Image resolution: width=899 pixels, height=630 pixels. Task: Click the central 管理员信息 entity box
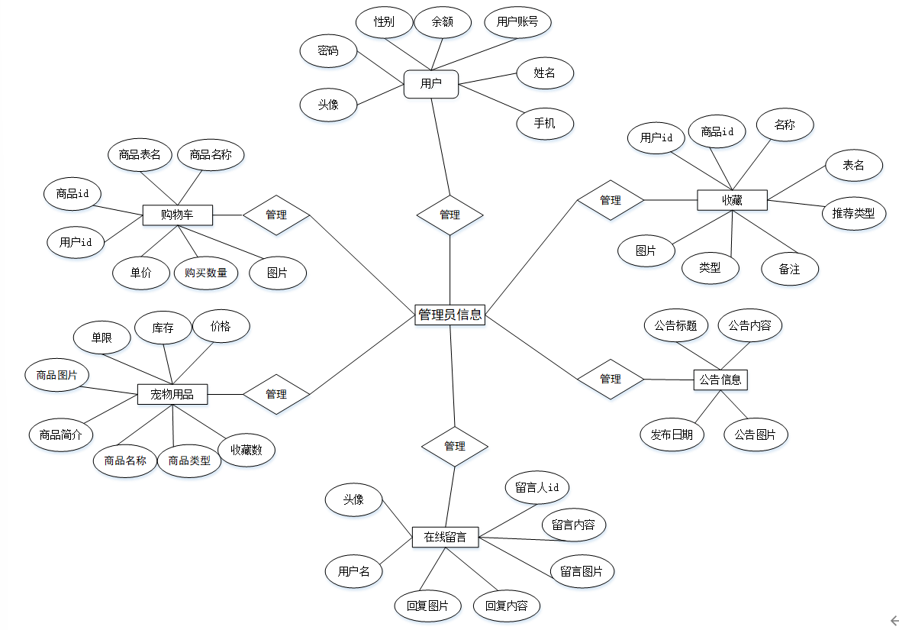click(x=449, y=314)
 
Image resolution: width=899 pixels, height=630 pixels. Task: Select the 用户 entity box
click(x=430, y=84)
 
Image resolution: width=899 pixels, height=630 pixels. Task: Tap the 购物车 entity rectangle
click(x=177, y=215)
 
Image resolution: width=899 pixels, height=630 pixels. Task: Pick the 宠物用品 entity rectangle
click(x=172, y=394)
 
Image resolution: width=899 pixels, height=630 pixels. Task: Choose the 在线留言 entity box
click(x=445, y=537)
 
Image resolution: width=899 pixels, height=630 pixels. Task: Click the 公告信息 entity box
click(x=720, y=380)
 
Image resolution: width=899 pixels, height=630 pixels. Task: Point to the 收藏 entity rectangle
click(x=732, y=201)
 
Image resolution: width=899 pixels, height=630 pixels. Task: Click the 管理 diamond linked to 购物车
click(x=276, y=215)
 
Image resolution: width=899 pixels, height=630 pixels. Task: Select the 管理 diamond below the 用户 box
click(x=449, y=215)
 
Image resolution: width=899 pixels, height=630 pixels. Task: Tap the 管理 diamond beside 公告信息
click(x=610, y=379)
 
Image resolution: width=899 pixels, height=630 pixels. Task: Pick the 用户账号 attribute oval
click(x=517, y=21)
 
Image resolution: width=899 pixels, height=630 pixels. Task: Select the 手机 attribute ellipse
click(x=545, y=123)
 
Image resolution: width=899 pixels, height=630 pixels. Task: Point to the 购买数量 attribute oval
click(x=206, y=273)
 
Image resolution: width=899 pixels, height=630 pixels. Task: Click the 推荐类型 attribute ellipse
click(x=853, y=213)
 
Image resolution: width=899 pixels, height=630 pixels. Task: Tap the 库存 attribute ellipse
click(x=163, y=328)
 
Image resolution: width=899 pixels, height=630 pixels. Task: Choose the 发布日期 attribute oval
click(x=672, y=435)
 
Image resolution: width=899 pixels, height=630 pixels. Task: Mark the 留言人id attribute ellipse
click(x=537, y=487)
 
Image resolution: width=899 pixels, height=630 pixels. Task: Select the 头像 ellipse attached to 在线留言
click(x=353, y=499)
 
